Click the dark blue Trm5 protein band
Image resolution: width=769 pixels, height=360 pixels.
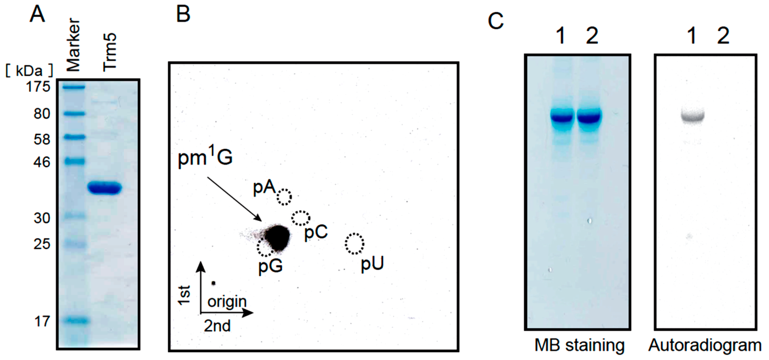(105, 188)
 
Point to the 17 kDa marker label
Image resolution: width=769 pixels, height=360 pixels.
(42, 321)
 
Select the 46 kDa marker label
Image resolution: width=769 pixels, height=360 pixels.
(42, 162)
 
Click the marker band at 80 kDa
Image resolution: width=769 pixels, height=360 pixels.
(74, 114)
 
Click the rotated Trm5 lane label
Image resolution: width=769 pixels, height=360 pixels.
(110, 52)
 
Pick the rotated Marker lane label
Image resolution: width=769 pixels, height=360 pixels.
(73, 45)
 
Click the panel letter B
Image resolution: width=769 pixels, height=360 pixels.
(183, 14)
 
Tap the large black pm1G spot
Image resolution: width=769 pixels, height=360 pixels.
(278, 237)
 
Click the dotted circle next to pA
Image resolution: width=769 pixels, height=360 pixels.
(284, 197)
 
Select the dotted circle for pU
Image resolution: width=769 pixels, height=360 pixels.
(354, 244)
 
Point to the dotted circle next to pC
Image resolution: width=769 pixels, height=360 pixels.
(301, 218)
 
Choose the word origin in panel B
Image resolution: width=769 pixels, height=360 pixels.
(227, 302)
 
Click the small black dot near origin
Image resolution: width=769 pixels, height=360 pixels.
(213, 283)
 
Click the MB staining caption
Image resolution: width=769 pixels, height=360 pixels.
(579, 345)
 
